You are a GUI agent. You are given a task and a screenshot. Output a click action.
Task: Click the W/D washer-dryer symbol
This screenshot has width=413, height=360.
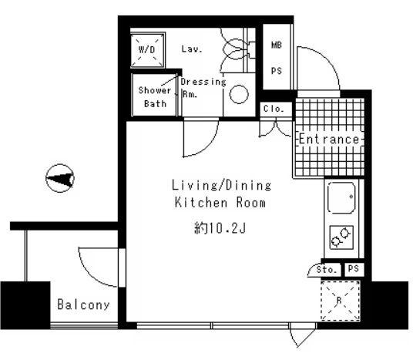[148, 50]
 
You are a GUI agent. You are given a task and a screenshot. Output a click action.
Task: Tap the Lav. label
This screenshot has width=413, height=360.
[192, 49]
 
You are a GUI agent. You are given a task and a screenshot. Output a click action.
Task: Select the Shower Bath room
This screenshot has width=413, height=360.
[154, 95]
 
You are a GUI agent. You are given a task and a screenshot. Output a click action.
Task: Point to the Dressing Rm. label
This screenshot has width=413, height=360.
[203, 88]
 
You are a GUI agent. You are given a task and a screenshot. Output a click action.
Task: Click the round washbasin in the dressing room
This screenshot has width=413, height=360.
[239, 94]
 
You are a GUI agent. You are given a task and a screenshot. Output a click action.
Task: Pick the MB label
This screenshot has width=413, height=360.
[277, 45]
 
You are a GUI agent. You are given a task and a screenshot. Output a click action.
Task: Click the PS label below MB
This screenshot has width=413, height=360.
[277, 71]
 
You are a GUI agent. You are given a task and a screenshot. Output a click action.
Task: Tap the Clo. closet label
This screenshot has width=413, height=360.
[274, 109]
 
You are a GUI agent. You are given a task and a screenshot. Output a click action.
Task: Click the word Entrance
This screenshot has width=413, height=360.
[329, 139]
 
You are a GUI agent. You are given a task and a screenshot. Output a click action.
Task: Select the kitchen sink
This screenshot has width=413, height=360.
[341, 197]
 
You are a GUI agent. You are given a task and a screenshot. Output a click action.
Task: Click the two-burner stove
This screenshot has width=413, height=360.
[341, 237]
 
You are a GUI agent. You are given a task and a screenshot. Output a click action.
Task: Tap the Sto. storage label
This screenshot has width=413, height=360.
[327, 269]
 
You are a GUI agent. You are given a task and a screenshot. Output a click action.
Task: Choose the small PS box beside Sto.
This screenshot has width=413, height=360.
[354, 269]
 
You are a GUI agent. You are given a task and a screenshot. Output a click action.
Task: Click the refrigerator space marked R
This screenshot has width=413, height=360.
[341, 301]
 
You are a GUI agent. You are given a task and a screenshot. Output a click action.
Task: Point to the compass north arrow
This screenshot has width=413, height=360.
[60, 178]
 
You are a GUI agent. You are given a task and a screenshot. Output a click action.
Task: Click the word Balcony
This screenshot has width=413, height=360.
[83, 304]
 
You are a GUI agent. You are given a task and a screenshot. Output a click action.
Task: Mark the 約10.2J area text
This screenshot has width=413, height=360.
[220, 228]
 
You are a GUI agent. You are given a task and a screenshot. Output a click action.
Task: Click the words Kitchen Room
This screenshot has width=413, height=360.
[220, 203]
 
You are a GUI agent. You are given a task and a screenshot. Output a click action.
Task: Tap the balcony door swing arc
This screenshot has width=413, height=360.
[89, 274]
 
